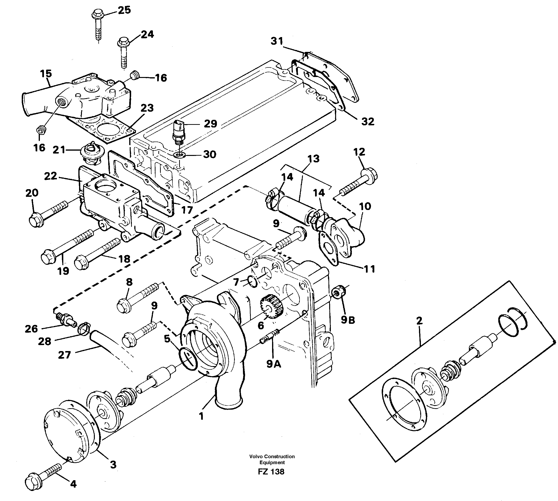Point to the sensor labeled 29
point(178,131)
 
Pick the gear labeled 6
point(271,306)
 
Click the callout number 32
point(368,121)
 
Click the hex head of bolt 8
point(123,306)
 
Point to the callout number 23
point(147,108)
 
